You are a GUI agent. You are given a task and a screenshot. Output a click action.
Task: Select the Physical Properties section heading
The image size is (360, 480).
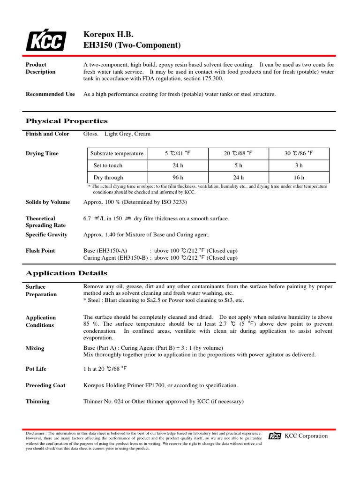click(x=67, y=121)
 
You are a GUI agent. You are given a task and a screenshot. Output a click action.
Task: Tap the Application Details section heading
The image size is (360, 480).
click(x=66, y=273)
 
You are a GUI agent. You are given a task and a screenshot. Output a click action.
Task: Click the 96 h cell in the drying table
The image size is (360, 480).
click(x=178, y=178)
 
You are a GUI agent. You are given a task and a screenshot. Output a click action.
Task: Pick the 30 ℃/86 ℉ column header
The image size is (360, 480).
click(x=299, y=154)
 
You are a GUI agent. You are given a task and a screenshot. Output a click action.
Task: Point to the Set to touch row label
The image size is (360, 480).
click(x=108, y=165)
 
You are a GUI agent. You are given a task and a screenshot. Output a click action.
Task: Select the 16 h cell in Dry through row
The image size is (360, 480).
click(x=299, y=178)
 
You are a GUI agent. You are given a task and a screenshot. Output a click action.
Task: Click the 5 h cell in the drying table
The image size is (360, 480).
click(x=238, y=165)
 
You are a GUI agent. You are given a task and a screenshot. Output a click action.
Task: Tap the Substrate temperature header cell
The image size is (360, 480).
click(x=117, y=154)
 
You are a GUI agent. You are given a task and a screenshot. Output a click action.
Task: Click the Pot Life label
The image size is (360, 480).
click(x=36, y=369)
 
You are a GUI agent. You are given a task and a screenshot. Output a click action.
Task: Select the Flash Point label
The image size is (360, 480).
click(x=40, y=251)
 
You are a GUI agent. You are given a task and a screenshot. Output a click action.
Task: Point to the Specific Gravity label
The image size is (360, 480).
click(x=46, y=234)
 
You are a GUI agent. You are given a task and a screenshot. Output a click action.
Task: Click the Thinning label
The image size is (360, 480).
click(x=37, y=401)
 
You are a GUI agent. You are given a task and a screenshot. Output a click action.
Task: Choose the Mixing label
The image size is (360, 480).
click(x=35, y=348)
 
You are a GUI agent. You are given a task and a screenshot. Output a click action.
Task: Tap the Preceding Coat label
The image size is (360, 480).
click(x=45, y=385)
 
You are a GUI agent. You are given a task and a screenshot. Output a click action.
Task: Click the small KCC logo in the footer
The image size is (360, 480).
click(x=275, y=436)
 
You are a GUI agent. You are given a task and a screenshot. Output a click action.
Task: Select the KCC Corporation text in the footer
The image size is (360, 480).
click(x=307, y=436)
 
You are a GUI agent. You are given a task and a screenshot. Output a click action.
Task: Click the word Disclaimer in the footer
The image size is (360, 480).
click(x=35, y=434)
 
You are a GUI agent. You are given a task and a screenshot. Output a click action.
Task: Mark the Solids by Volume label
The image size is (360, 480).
click(x=48, y=202)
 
